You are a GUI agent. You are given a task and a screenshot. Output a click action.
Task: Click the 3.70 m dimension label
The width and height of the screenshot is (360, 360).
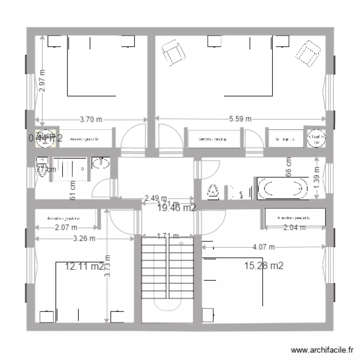tap(91, 120)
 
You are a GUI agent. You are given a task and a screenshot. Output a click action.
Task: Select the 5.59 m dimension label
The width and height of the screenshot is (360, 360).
tap(239, 120)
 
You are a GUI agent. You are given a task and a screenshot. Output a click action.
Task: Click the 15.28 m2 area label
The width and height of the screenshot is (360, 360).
tap(264, 265)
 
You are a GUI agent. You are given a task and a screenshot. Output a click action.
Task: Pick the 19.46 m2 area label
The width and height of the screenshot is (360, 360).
tap(177, 208)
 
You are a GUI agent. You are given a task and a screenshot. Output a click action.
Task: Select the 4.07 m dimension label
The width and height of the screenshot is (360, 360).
tap(263, 247)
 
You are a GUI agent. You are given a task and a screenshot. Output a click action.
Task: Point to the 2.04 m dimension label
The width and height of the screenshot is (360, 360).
tap(294, 228)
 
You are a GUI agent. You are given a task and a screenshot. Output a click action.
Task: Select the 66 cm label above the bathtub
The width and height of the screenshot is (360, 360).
tap(289, 167)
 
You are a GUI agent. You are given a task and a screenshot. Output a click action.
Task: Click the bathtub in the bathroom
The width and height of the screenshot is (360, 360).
tap(282, 189)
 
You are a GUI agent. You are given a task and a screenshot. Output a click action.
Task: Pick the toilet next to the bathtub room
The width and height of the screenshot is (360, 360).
tap(213, 192)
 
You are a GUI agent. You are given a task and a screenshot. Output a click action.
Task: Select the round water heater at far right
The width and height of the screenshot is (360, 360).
tap(315, 138)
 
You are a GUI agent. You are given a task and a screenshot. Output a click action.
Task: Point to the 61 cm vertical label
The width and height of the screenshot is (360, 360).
tap(72, 190)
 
